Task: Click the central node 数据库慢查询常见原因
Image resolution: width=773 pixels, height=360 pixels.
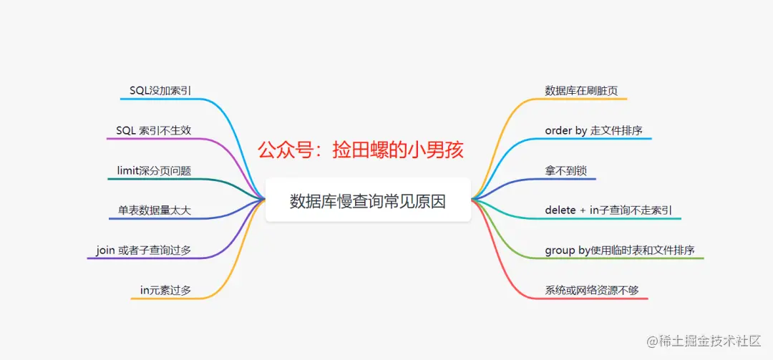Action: click(x=368, y=201)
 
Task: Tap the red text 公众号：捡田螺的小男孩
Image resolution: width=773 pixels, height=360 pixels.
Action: click(x=361, y=150)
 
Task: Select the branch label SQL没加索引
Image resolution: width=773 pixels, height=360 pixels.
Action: click(x=160, y=90)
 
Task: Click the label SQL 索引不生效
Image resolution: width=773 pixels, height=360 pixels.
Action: click(x=153, y=130)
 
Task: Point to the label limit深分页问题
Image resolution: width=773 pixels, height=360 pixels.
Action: click(x=154, y=170)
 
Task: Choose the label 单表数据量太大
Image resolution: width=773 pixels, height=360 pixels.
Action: click(x=155, y=210)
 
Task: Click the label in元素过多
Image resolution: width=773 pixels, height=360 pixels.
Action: click(x=165, y=290)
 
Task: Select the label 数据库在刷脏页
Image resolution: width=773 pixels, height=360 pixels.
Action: click(x=581, y=91)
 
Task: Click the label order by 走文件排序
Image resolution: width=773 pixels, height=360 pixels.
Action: click(x=593, y=130)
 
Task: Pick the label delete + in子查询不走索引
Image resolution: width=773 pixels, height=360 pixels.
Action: click(x=608, y=210)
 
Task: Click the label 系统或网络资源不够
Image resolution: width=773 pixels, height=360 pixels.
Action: click(x=591, y=290)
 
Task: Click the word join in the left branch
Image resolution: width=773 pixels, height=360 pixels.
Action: click(x=105, y=250)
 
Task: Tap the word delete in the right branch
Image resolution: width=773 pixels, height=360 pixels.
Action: click(x=560, y=210)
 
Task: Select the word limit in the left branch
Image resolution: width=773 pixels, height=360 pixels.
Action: click(x=129, y=170)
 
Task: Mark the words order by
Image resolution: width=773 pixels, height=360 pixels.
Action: click(x=566, y=130)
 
